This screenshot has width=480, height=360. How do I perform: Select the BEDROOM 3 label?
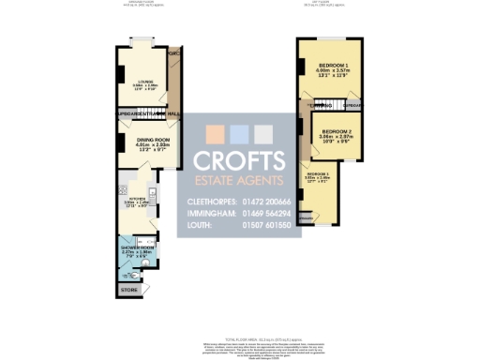[x=318, y=175]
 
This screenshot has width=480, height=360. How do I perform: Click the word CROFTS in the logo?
[x=239, y=158]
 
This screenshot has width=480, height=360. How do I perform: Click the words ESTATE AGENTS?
[x=239, y=180]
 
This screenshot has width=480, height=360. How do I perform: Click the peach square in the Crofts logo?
[x=216, y=131]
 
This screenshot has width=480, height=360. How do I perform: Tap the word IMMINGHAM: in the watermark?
[x=202, y=214]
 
